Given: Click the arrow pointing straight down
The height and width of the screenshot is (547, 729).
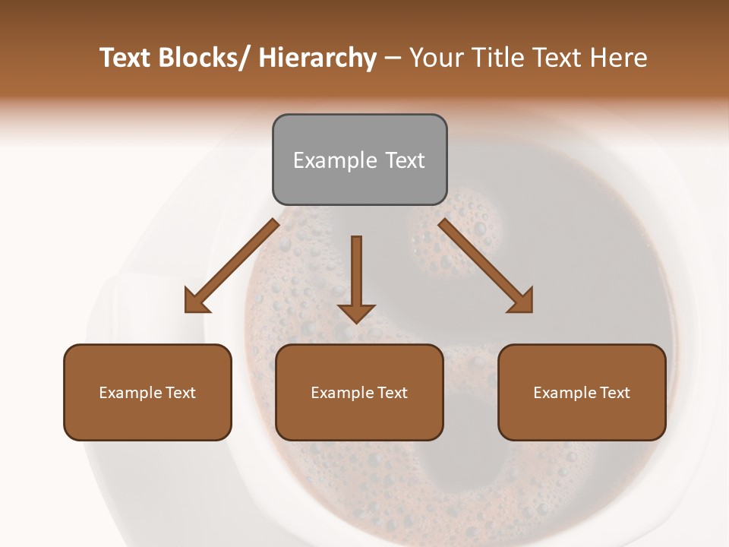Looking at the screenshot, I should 356,277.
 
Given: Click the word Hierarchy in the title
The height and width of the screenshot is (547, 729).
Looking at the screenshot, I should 317,58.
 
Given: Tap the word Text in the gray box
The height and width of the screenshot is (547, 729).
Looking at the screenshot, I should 405,160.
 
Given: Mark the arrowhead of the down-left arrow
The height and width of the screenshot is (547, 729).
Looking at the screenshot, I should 197,301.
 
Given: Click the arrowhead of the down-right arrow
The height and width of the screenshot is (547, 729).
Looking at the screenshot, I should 521,301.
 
